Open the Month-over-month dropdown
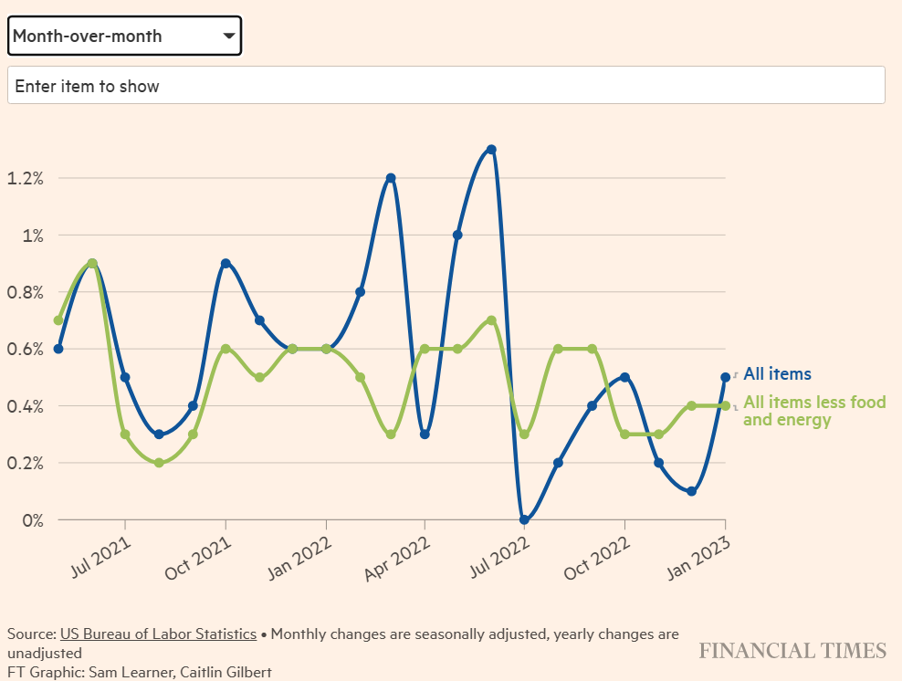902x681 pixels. click(124, 36)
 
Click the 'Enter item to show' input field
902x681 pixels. click(446, 86)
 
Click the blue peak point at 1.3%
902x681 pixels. click(491, 150)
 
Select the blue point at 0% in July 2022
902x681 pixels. click(524, 519)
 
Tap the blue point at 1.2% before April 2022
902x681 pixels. click(391, 178)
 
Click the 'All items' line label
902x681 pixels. click(777, 373)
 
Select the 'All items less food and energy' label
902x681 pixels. click(813, 411)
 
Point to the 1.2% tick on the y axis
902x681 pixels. click(26, 178)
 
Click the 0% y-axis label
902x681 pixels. click(33, 519)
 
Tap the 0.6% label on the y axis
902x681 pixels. click(26, 349)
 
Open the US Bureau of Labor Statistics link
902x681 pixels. click(158, 634)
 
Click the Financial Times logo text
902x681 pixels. click(792, 650)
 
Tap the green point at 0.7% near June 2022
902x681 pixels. click(491, 320)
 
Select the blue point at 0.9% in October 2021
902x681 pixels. click(225, 264)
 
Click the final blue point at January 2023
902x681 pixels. click(725, 377)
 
